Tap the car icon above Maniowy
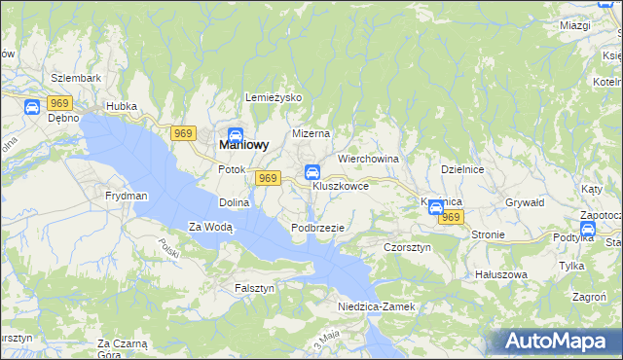coord(236,135)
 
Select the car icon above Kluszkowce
coord(312,172)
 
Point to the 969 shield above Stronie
coord(450,218)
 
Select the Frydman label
coord(127,196)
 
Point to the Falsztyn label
coord(255,288)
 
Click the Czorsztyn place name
coord(407,247)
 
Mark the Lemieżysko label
coord(275,98)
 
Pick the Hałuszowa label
coord(500,274)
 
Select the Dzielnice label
coord(462,168)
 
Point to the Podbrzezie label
coord(317,227)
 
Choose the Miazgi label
coord(576,25)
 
